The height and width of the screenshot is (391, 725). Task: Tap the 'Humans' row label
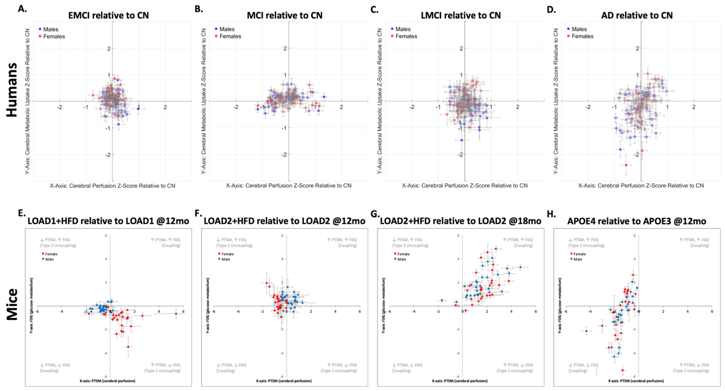(12, 90)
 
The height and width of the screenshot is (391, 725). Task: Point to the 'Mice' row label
(12, 304)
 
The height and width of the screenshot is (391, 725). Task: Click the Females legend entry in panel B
(230, 36)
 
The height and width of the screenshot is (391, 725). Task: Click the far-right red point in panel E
(176, 314)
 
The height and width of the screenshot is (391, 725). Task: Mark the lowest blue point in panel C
(462, 140)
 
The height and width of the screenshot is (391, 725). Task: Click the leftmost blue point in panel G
(442, 300)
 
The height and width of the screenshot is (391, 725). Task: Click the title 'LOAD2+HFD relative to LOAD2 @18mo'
(460, 221)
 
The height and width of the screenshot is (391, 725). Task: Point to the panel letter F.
(198, 214)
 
